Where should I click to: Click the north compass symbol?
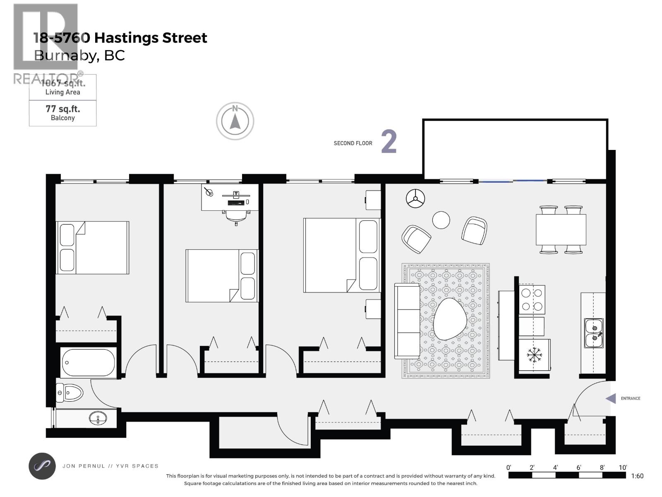pos(235,121)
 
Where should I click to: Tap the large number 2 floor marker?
pos(389,142)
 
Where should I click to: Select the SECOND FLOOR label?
pos(353,143)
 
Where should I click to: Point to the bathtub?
pos(88,363)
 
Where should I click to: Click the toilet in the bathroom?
pos(70,392)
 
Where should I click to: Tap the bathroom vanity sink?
pos(98,418)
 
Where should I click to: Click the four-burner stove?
pos(532,299)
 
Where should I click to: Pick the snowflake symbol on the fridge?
pos(534,355)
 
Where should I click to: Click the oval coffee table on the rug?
pos(450,319)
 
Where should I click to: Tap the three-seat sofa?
pos(407,321)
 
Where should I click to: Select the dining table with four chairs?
pos(561,229)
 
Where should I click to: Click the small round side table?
pos(441,220)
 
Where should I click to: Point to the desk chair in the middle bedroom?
pos(236,216)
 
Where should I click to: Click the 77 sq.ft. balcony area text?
pos(63,113)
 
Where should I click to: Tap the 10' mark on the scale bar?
pos(622,468)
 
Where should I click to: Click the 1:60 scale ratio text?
pos(637,476)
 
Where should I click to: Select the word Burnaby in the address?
pos(65,55)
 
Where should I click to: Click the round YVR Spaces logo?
pos(42,466)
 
